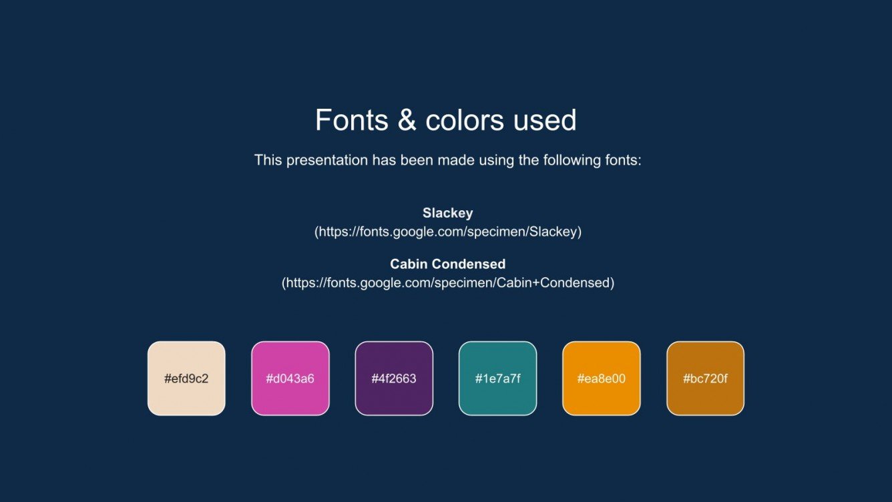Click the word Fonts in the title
[x=351, y=120]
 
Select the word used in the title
[x=545, y=120]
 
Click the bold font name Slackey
[x=447, y=213]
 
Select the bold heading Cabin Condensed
[x=447, y=264]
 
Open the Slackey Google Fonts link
[x=447, y=232]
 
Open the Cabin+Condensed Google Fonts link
[x=447, y=282]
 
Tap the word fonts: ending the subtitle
[x=622, y=160]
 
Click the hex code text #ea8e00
[x=601, y=379]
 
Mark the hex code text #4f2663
[x=394, y=379]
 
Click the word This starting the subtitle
[x=268, y=160]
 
